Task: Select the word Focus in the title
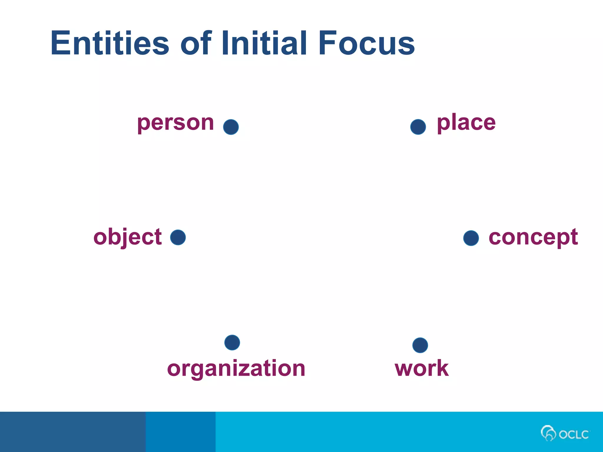pos(366,43)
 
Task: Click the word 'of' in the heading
pos(196,43)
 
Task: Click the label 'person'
pos(175,123)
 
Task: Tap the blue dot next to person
pos(231,127)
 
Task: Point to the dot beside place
pos(418,127)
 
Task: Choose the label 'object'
pos(127,237)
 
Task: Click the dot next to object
pos(178,237)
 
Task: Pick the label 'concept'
pos(533,237)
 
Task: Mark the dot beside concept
pos(471,238)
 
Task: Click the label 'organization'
pos(236,369)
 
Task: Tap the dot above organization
pos(232,343)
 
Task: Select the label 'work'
pos(422,368)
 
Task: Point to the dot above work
pos(420,345)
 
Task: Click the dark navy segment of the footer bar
pos(72,432)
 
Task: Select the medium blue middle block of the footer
pos(180,432)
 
